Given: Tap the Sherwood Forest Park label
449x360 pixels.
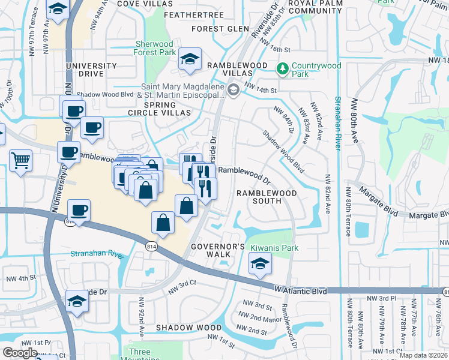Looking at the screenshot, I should tap(154, 49).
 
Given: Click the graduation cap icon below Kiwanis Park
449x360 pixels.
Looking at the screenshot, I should tap(259, 264).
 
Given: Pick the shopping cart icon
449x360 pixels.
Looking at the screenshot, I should tap(20, 160).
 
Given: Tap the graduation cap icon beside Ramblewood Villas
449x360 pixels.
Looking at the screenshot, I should tap(190, 59).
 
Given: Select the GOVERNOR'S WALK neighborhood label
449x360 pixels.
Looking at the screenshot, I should tap(218, 251).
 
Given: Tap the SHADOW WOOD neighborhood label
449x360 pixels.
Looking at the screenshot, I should tap(189, 328).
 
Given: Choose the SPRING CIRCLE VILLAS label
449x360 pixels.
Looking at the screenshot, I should tap(158, 113).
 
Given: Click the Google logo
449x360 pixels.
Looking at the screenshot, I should tap(19, 352).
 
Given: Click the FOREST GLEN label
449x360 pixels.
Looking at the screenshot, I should tap(220, 29).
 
